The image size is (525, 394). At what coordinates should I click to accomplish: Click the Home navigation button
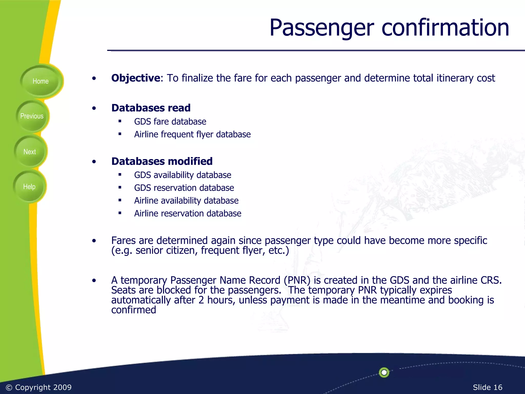(41, 81)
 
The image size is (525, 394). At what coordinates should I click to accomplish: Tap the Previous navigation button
(32, 116)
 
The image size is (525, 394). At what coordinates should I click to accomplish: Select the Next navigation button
(30, 152)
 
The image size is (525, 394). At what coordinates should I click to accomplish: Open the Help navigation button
(29, 187)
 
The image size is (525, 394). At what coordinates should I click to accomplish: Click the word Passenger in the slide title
(321, 28)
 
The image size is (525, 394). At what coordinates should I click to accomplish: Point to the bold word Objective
(136, 78)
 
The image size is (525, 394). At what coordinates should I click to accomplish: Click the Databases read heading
(151, 108)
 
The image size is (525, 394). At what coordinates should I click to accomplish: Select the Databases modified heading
(162, 161)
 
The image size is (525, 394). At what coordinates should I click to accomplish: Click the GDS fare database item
(170, 122)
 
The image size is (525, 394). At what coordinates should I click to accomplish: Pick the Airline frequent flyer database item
(192, 134)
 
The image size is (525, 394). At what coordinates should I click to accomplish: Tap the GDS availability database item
(183, 175)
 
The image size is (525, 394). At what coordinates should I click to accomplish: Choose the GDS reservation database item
(184, 188)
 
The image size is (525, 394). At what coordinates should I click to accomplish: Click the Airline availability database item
(186, 201)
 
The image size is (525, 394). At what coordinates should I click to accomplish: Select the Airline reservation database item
(188, 213)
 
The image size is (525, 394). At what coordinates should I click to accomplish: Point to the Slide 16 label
(487, 387)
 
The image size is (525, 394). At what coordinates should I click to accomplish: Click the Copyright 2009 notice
(39, 387)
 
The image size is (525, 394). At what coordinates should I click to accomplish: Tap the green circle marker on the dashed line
(384, 372)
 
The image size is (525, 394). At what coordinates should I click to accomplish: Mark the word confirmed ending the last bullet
(134, 310)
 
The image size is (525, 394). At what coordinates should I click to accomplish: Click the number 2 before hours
(201, 300)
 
